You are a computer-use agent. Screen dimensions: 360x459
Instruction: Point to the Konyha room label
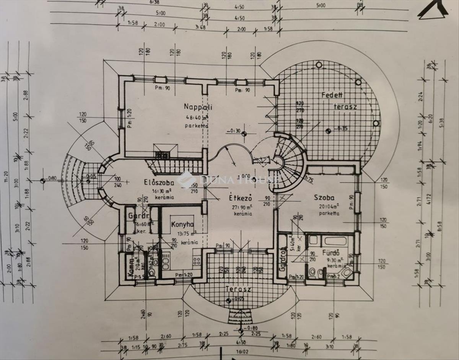point(182,224)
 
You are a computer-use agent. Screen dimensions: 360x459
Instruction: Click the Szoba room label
point(324,198)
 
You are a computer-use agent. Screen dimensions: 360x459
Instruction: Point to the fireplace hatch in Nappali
point(163,154)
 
